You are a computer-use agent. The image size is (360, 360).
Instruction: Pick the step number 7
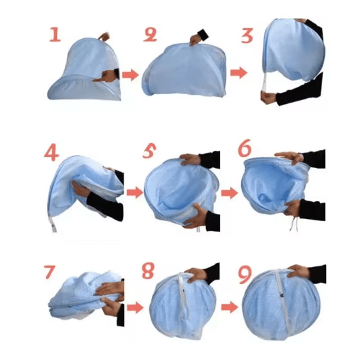tap(50, 273)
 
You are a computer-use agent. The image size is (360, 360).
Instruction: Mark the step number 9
tap(244, 275)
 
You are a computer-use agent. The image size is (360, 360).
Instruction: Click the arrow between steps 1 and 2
tap(130, 75)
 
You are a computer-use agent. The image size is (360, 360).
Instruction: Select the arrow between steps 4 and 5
tap(134, 193)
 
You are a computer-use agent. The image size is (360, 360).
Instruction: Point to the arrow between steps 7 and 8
tap(134, 308)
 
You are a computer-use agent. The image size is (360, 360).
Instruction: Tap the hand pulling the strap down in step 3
tap(268, 97)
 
